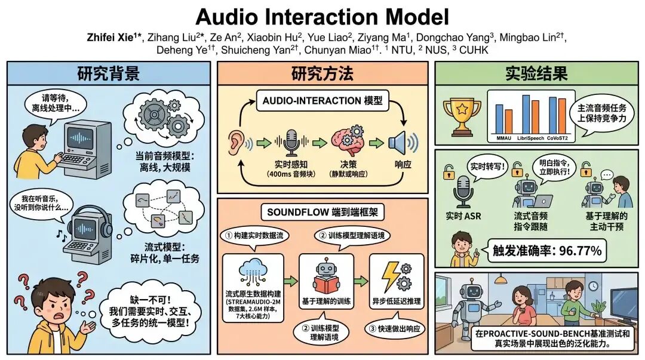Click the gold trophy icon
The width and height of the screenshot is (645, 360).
pyautogui.click(x=462, y=116)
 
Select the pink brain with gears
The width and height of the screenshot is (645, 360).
pyautogui.click(x=348, y=139)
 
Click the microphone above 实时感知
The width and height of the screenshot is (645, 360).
pyautogui.click(x=291, y=142)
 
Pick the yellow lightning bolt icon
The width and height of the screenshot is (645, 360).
pyautogui.click(x=391, y=276)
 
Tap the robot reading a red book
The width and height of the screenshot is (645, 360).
pyautogui.click(x=326, y=276)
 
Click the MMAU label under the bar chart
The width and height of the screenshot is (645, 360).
pyautogui.click(x=504, y=139)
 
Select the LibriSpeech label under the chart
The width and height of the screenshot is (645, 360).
pyautogui.click(x=530, y=139)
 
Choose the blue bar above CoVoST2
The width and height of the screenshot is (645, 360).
pyautogui.click(x=552, y=116)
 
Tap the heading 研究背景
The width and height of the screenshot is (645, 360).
pyautogui.click(x=109, y=73)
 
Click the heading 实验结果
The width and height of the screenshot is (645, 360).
pyautogui.click(x=536, y=73)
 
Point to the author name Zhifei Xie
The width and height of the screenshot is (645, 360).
pyautogui.click(x=110, y=38)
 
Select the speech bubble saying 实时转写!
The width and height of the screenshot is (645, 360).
pyautogui.click(x=487, y=167)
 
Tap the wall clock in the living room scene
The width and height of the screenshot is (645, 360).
pyautogui.click(x=593, y=286)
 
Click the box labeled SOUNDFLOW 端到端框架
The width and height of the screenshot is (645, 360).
pyautogui.click(x=322, y=213)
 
